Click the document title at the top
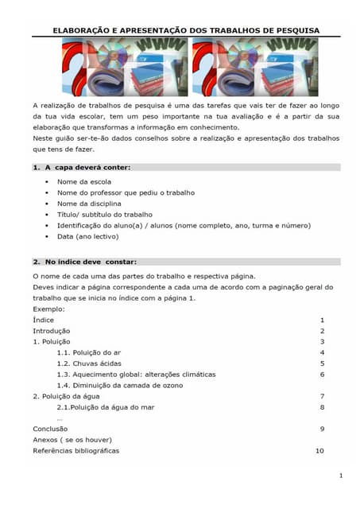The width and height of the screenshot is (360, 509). [x=186, y=30]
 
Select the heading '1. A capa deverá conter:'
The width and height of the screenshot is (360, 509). [x=81, y=167]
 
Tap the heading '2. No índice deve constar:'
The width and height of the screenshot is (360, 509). [x=85, y=262]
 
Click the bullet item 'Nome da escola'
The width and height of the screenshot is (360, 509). [x=83, y=181]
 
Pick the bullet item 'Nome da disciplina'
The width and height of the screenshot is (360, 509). [x=89, y=204]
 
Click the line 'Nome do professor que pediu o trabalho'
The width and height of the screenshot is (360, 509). [x=126, y=192]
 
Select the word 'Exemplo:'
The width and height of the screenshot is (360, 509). [x=48, y=309]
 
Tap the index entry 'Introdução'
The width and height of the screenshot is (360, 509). [x=51, y=330]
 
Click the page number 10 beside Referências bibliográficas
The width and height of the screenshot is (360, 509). [x=319, y=450]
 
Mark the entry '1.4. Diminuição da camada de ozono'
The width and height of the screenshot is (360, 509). [x=119, y=385]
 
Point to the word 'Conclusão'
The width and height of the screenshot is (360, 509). [x=50, y=428]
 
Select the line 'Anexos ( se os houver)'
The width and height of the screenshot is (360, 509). [x=72, y=439]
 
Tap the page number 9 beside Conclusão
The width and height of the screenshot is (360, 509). [x=322, y=428]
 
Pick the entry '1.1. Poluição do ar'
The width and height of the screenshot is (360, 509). [x=89, y=352]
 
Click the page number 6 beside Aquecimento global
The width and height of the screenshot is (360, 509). [x=322, y=374]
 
